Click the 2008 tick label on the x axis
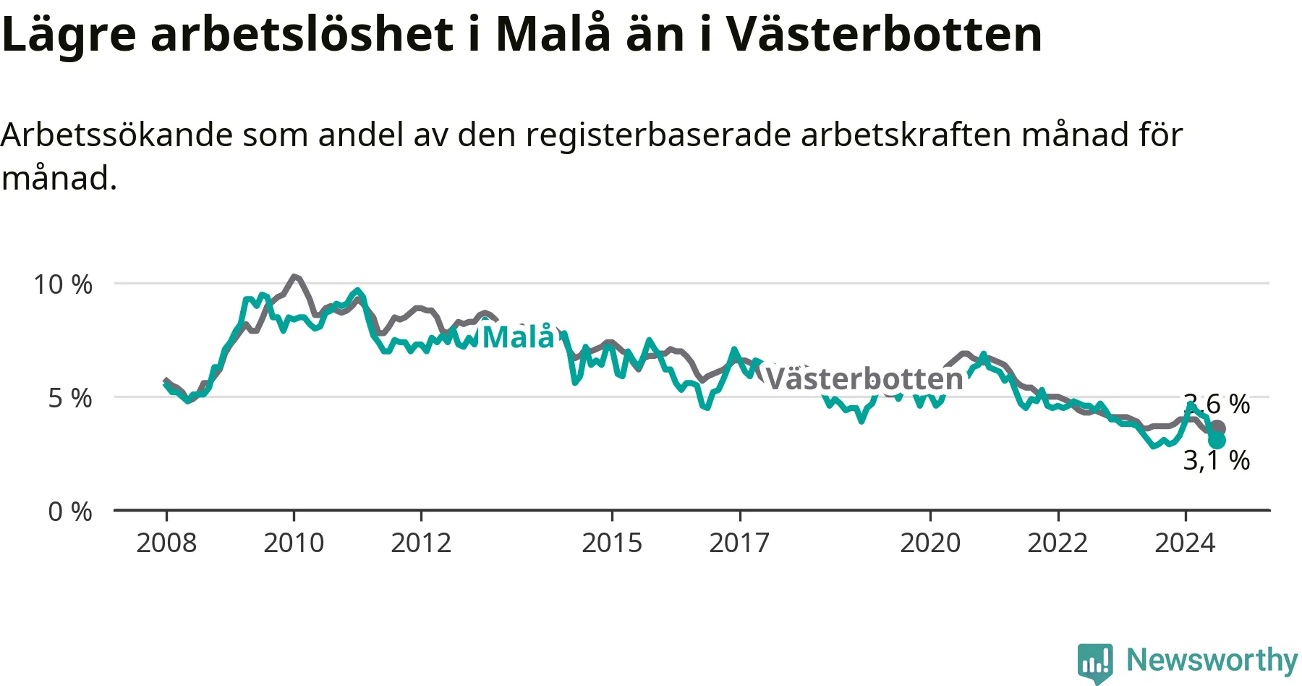pyautogui.click(x=166, y=543)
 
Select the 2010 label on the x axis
pyautogui.click(x=294, y=543)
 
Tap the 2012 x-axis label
pyautogui.click(x=421, y=543)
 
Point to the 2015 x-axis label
pyautogui.click(x=612, y=543)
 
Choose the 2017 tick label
pyautogui.click(x=739, y=543)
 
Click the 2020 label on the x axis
pyautogui.click(x=930, y=543)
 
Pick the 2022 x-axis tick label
pyautogui.click(x=1058, y=543)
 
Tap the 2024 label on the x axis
pyautogui.click(x=1185, y=543)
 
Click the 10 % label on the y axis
pyautogui.click(x=63, y=284)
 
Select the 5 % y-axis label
pyautogui.click(x=70, y=398)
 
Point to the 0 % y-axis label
pyautogui.click(x=70, y=512)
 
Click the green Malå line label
pyautogui.click(x=518, y=336)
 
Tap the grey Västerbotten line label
pyautogui.click(x=864, y=378)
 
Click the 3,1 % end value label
pyautogui.click(x=1217, y=460)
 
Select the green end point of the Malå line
pyautogui.click(x=1217, y=440)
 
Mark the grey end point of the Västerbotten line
pyautogui.click(x=1217, y=428)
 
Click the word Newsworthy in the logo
pyautogui.click(x=1212, y=660)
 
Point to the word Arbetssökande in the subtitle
pyautogui.click(x=116, y=135)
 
